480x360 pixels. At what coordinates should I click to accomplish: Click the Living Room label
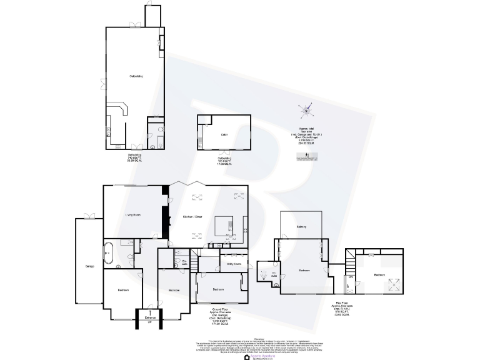pos(132,215)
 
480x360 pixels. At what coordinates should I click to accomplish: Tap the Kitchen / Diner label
pos(192,216)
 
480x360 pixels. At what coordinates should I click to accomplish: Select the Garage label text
pos(89,267)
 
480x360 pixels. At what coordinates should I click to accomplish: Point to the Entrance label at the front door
pos(150,318)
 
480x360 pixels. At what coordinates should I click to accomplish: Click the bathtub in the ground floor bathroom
pos(108,252)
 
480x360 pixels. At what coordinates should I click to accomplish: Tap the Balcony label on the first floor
pos(301,226)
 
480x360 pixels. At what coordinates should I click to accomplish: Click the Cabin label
pos(222,133)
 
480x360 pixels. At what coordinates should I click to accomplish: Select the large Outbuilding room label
pos(136,76)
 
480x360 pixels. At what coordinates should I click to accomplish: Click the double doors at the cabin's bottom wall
pos(224,152)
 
